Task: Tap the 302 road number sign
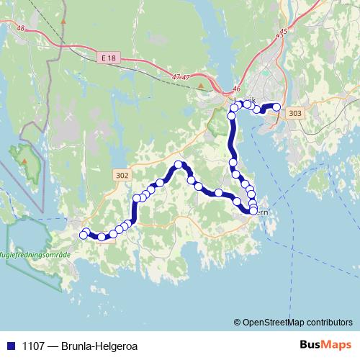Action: (122, 174)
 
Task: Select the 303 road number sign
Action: (294, 114)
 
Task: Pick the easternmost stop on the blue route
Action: (276, 107)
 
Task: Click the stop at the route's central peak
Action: (179, 165)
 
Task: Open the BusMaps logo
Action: (325, 344)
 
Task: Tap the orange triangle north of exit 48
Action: (63, 21)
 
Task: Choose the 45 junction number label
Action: (283, 32)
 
